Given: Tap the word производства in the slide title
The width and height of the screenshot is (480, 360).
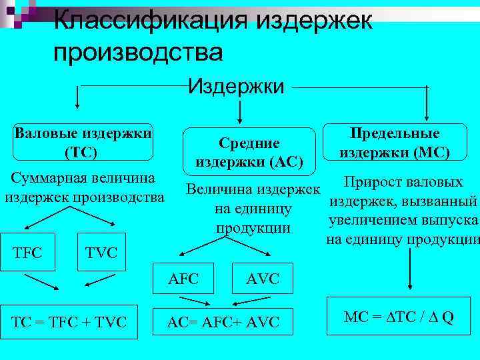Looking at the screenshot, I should [x=138, y=52].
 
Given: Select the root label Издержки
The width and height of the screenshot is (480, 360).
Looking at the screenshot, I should [x=237, y=85].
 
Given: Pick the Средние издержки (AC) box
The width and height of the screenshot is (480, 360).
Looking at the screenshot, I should [x=249, y=152].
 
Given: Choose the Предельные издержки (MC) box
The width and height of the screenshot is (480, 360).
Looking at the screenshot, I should [x=394, y=143].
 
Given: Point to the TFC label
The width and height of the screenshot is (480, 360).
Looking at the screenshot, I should [x=27, y=253].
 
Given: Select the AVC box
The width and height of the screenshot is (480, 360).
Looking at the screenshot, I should [x=263, y=278].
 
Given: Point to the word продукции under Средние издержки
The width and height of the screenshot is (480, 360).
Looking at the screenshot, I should [x=253, y=228].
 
